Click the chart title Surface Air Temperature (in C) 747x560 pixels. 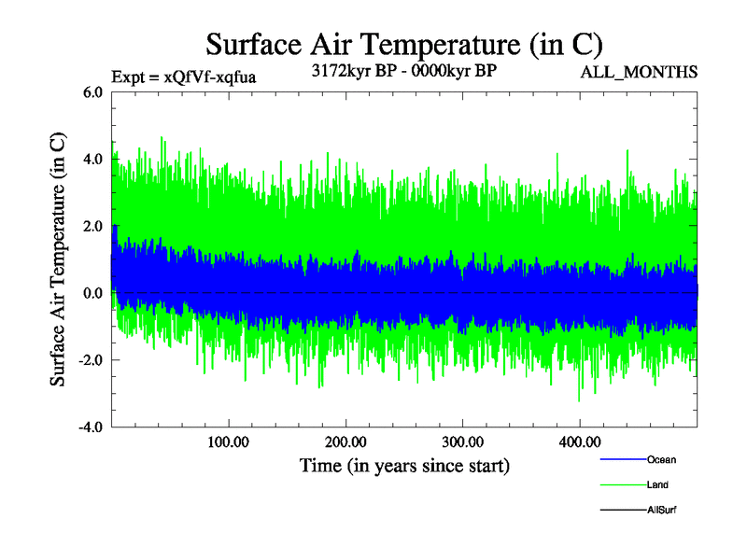[x=403, y=45]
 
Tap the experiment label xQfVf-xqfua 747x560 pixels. [x=183, y=77]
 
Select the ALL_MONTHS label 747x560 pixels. [x=639, y=72]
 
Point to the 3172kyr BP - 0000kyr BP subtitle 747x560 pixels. [x=403, y=71]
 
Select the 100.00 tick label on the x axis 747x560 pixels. [x=228, y=442]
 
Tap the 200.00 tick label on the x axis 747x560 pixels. [x=345, y=442]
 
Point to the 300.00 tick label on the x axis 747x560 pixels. [x=462, y=442]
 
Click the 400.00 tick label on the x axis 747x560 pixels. [x=579, y=442]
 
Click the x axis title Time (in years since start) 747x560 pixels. [x=404, y=465]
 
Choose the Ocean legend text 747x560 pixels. [x=661, y=460]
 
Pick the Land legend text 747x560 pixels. [x=657, y=485]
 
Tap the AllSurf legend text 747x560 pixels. [x=661, y=511]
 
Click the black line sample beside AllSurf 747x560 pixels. [x=622, y=511]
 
